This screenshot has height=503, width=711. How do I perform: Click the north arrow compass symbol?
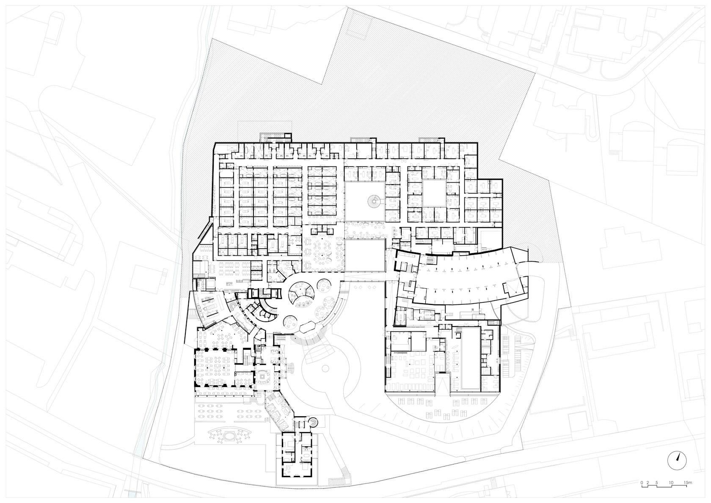[677, 461]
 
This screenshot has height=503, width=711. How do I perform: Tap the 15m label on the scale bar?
[685, 483]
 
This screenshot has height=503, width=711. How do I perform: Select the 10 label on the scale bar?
[671, 483]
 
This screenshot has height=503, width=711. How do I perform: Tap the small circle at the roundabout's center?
[325, 368]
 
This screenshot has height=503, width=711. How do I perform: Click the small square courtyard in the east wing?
[434, 193]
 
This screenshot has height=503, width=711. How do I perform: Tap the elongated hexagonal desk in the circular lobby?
[306, 327]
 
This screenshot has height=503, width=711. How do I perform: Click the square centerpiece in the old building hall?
[262, 376]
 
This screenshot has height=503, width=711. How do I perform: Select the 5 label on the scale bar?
[656, 483]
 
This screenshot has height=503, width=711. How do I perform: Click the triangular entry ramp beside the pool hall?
[443, 387]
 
